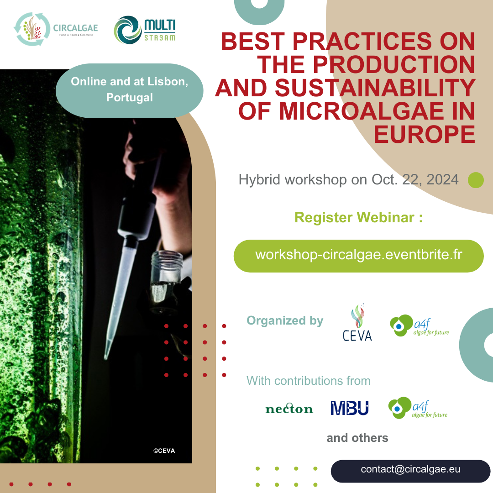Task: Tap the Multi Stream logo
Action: tap(145, 30)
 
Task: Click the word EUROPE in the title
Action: tap(424, 135)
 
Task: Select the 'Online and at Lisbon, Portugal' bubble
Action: tap(130, 91)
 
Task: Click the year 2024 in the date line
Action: tap(442, 180)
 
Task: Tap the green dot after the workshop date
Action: tap(476, 180)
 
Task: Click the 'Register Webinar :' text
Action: tap(358, 218)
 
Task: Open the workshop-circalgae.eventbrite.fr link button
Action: tap(358, 256)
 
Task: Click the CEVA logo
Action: tap(357, 323)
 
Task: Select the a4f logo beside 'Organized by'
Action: tap(419, 326)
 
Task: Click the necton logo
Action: tap(289, 409)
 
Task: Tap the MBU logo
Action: tap(349, 408)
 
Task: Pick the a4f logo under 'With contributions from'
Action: tap(418, 408)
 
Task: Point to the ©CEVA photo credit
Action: tap(164, 451)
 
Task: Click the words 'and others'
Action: tap(357, 438)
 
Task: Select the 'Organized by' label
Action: tap(285, 321)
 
